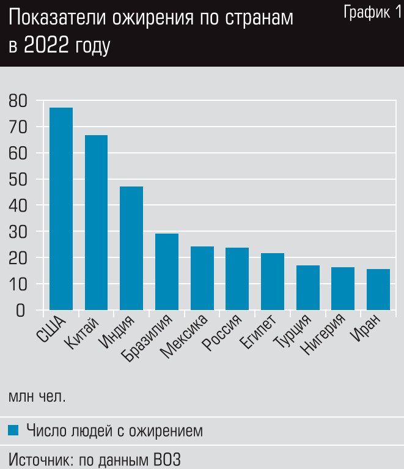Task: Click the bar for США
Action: click(x=61, y=209)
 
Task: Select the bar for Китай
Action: click(x=96, y=223)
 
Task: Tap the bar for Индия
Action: click(x=131, y=248)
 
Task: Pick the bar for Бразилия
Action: click(x=167, y=271)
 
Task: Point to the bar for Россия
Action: click(x=237, y=279)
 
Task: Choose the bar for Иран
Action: click(x=378, y=289)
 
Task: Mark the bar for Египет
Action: click(x=272, y=281)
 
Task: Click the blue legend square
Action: click(x=13, y=430)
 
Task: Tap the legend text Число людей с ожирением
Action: click(x=114, y=430)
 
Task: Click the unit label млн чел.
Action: click(x=37, y=396)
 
